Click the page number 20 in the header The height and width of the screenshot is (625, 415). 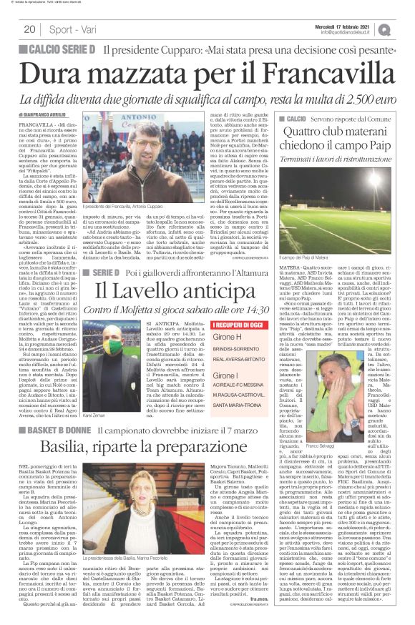click(29, 29)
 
